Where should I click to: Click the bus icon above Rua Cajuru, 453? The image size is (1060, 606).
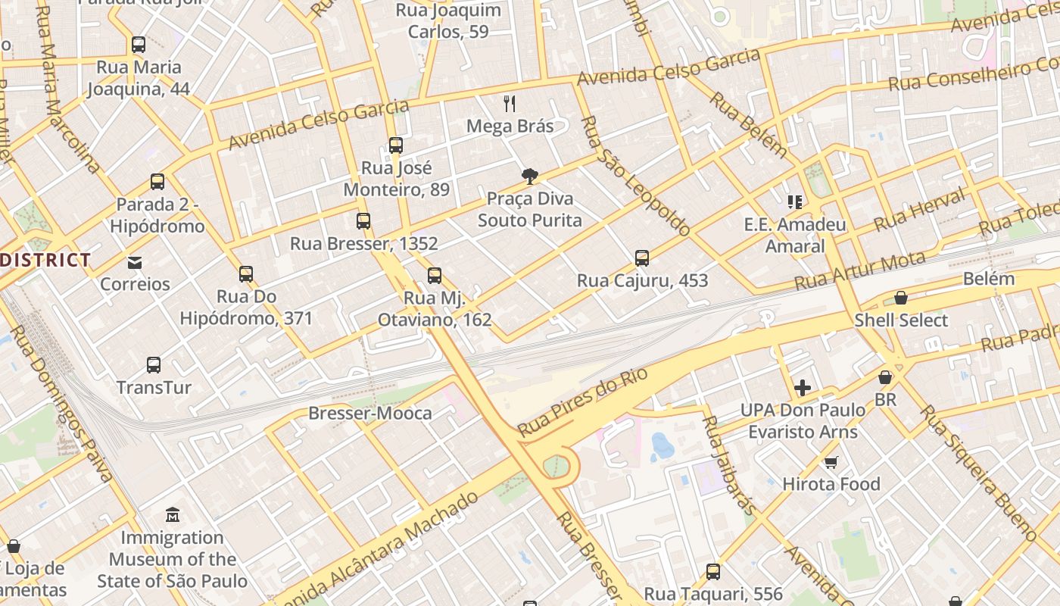[642, 258]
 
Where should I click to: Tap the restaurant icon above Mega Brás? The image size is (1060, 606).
[510, 104]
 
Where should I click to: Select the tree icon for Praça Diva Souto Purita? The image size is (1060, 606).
[530, 176]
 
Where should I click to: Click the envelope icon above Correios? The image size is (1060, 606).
[135, 263]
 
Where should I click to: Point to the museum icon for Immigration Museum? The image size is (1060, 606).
[173, 515]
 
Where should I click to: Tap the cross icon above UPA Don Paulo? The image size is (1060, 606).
[803, 389]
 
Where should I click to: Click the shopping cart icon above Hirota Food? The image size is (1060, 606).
[831, 462]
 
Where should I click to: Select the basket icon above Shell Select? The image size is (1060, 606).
[901, 298]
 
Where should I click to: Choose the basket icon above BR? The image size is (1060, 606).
[884, 377]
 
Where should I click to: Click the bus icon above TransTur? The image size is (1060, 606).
[154, 365]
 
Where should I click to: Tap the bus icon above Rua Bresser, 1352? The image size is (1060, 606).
[363, 221]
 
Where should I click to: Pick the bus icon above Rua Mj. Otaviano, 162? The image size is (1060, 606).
[435, 276]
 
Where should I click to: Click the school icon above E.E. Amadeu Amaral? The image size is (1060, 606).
[794, 202]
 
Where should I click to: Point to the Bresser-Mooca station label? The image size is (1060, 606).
[370, 414]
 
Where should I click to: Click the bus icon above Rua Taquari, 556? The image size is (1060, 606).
[713, 572]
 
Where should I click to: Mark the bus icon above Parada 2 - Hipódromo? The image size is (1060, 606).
[157, 182]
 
